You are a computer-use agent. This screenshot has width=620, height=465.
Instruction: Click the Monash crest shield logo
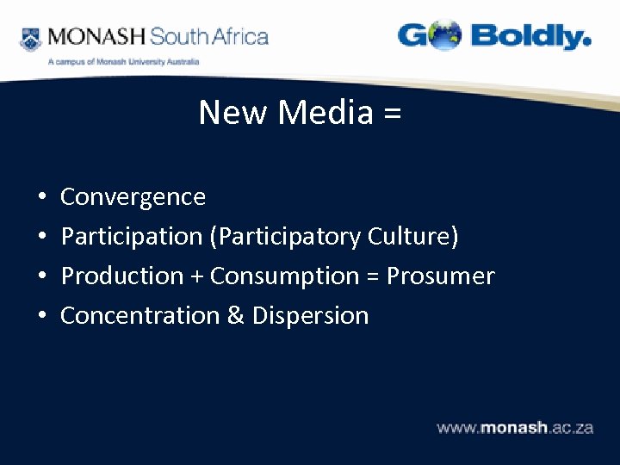(30, 38)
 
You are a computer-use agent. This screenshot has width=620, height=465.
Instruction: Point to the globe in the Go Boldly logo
(445, 36)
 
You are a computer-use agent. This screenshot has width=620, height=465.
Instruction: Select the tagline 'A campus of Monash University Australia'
(123, 62)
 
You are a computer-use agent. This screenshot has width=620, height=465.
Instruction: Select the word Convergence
(133, 197)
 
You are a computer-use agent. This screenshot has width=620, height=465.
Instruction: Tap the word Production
(122, 276)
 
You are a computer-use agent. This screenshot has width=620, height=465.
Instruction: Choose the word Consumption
(284, 276)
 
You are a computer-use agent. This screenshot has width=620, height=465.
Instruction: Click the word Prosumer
(440, 276)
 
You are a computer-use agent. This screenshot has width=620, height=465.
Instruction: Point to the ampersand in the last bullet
(235, 316)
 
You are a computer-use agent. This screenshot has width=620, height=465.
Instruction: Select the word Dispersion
(310, 316)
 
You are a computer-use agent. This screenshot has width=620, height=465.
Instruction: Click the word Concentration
(139, 316)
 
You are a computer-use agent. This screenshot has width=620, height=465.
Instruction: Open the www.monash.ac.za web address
(515, 428)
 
